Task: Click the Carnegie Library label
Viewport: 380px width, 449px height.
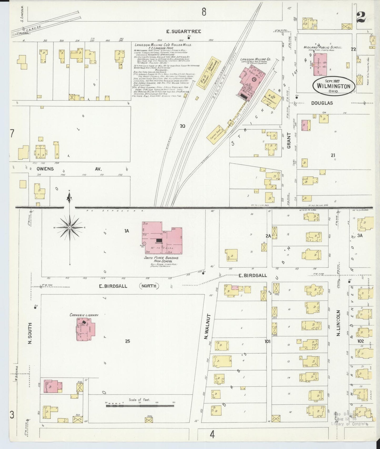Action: (x=84, y=315)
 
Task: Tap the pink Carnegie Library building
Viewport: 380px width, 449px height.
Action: (x=85, y=330)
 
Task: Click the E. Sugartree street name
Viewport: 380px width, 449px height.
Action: (x=184, y=32)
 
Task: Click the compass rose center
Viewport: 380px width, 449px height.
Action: (x=70, y=227)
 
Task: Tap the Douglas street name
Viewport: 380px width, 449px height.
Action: (x=322, y=103)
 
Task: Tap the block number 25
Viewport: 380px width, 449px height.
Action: (x=128, y=341)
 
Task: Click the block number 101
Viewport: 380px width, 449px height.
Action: (x=268, y=341)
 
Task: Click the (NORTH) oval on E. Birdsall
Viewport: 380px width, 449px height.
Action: (x=149, y=286)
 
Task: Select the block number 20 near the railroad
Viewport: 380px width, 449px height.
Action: (x=182, y=126)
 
